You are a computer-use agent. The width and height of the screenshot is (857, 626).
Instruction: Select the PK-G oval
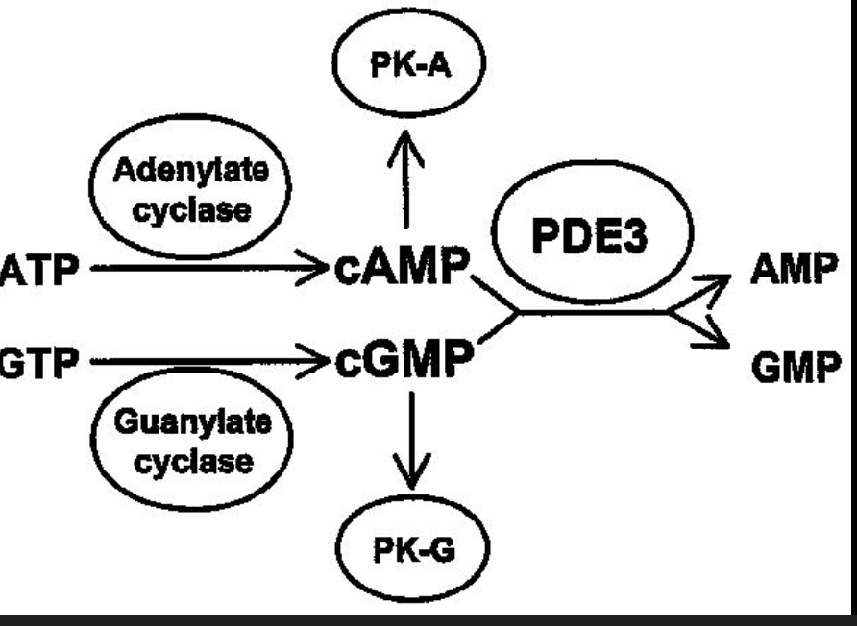[x=414, y=555]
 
